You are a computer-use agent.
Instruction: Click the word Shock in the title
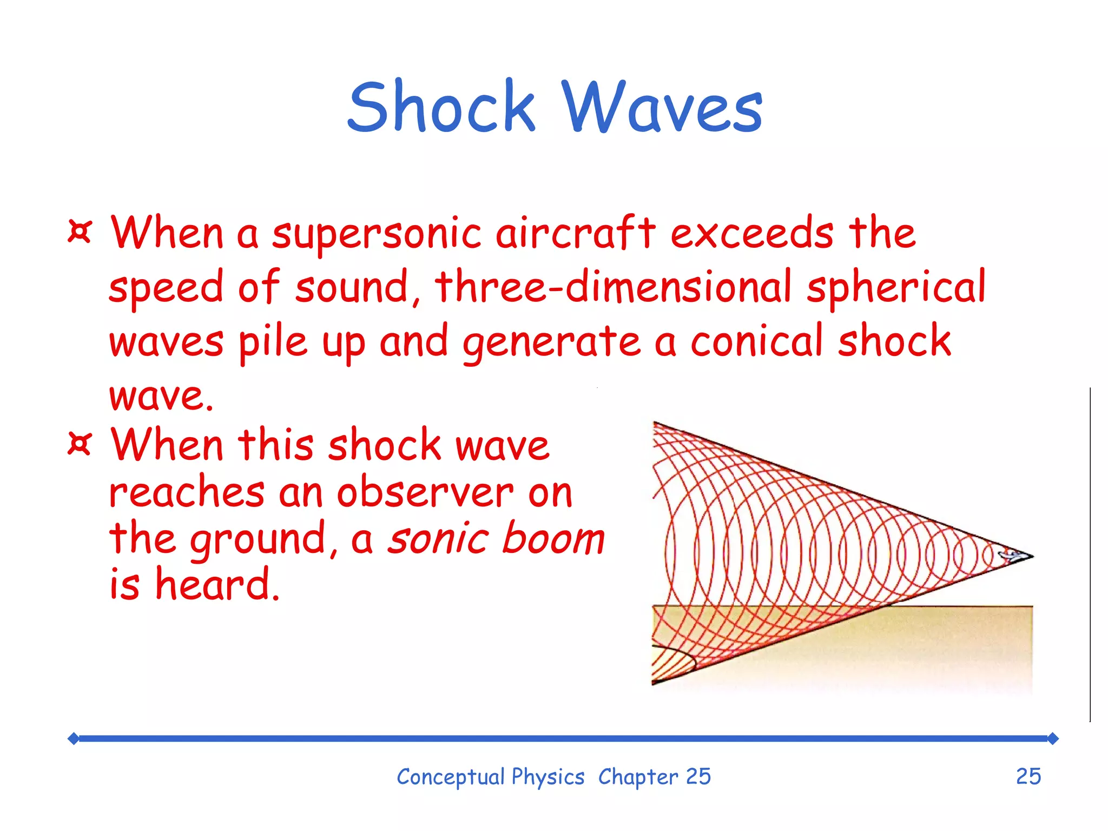pyautogui.click(x=441, y=106)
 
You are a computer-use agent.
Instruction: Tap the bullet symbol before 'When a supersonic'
pyautogui.click(x=80, y=232)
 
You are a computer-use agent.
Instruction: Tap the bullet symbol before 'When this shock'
pyautogui.click(x=80, y=444)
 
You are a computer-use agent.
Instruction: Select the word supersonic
pyautogui.click(x=376, y=234)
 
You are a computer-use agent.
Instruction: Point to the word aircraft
pyautogui.click(x=576, y=233)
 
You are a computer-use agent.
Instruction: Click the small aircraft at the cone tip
pyautogui.click(x=1009, y=554)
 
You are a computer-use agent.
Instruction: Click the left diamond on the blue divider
pyautogui.click(x=74, y=738)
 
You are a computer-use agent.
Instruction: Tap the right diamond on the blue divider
pyautogui.click(x=1052, y=738)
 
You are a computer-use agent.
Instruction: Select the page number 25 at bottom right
pyautogui.click(x=1028, y=776)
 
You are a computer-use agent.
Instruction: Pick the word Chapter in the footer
pyautogui.click(x=638, y=777)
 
